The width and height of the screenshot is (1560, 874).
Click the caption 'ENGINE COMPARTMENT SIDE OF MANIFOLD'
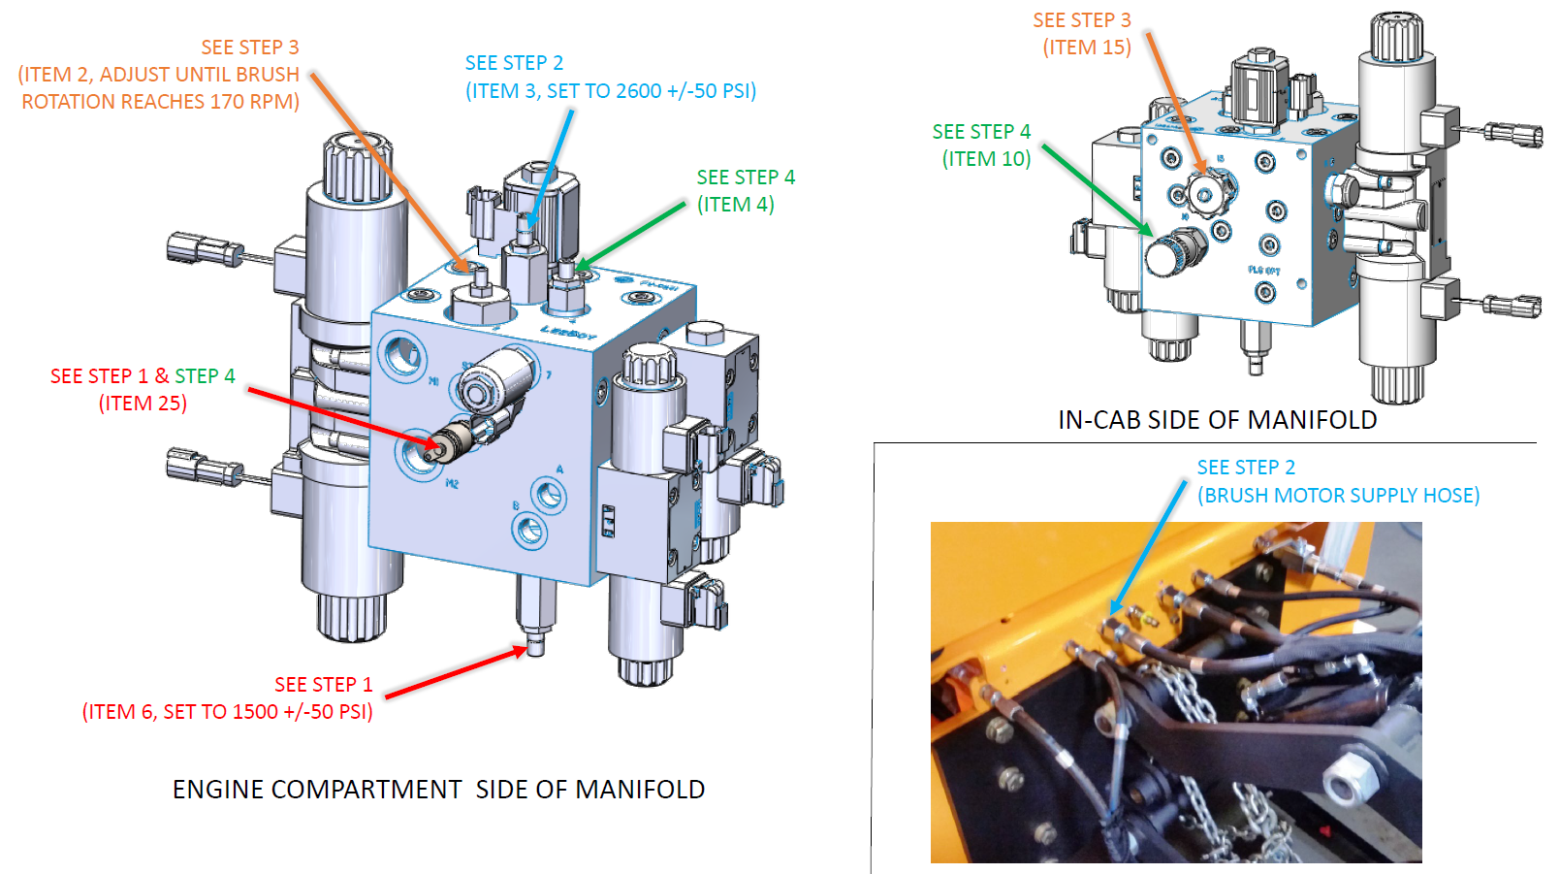[x=438, y=790]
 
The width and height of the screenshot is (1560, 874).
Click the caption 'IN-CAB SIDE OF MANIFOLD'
[x=1217, y=419]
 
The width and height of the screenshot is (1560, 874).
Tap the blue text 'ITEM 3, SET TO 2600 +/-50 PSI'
[x=611, y=91]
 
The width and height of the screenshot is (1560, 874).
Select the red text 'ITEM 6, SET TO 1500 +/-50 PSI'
[x=228, y=712]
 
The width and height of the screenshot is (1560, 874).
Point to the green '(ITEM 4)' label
[x=736, y=205]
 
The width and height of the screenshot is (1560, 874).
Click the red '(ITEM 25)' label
[x=143, y=404]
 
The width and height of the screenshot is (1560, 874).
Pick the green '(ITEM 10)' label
[x=986, y=159]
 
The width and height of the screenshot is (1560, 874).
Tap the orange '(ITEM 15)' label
[x=1087, y=48]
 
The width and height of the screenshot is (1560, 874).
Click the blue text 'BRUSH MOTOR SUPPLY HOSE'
[x=1338, y=496]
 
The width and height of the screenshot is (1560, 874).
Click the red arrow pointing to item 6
[x=456, y=672]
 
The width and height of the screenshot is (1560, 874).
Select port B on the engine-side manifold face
[x=529, y=530]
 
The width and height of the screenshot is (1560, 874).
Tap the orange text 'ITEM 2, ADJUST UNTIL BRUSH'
[x=159, y=75]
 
